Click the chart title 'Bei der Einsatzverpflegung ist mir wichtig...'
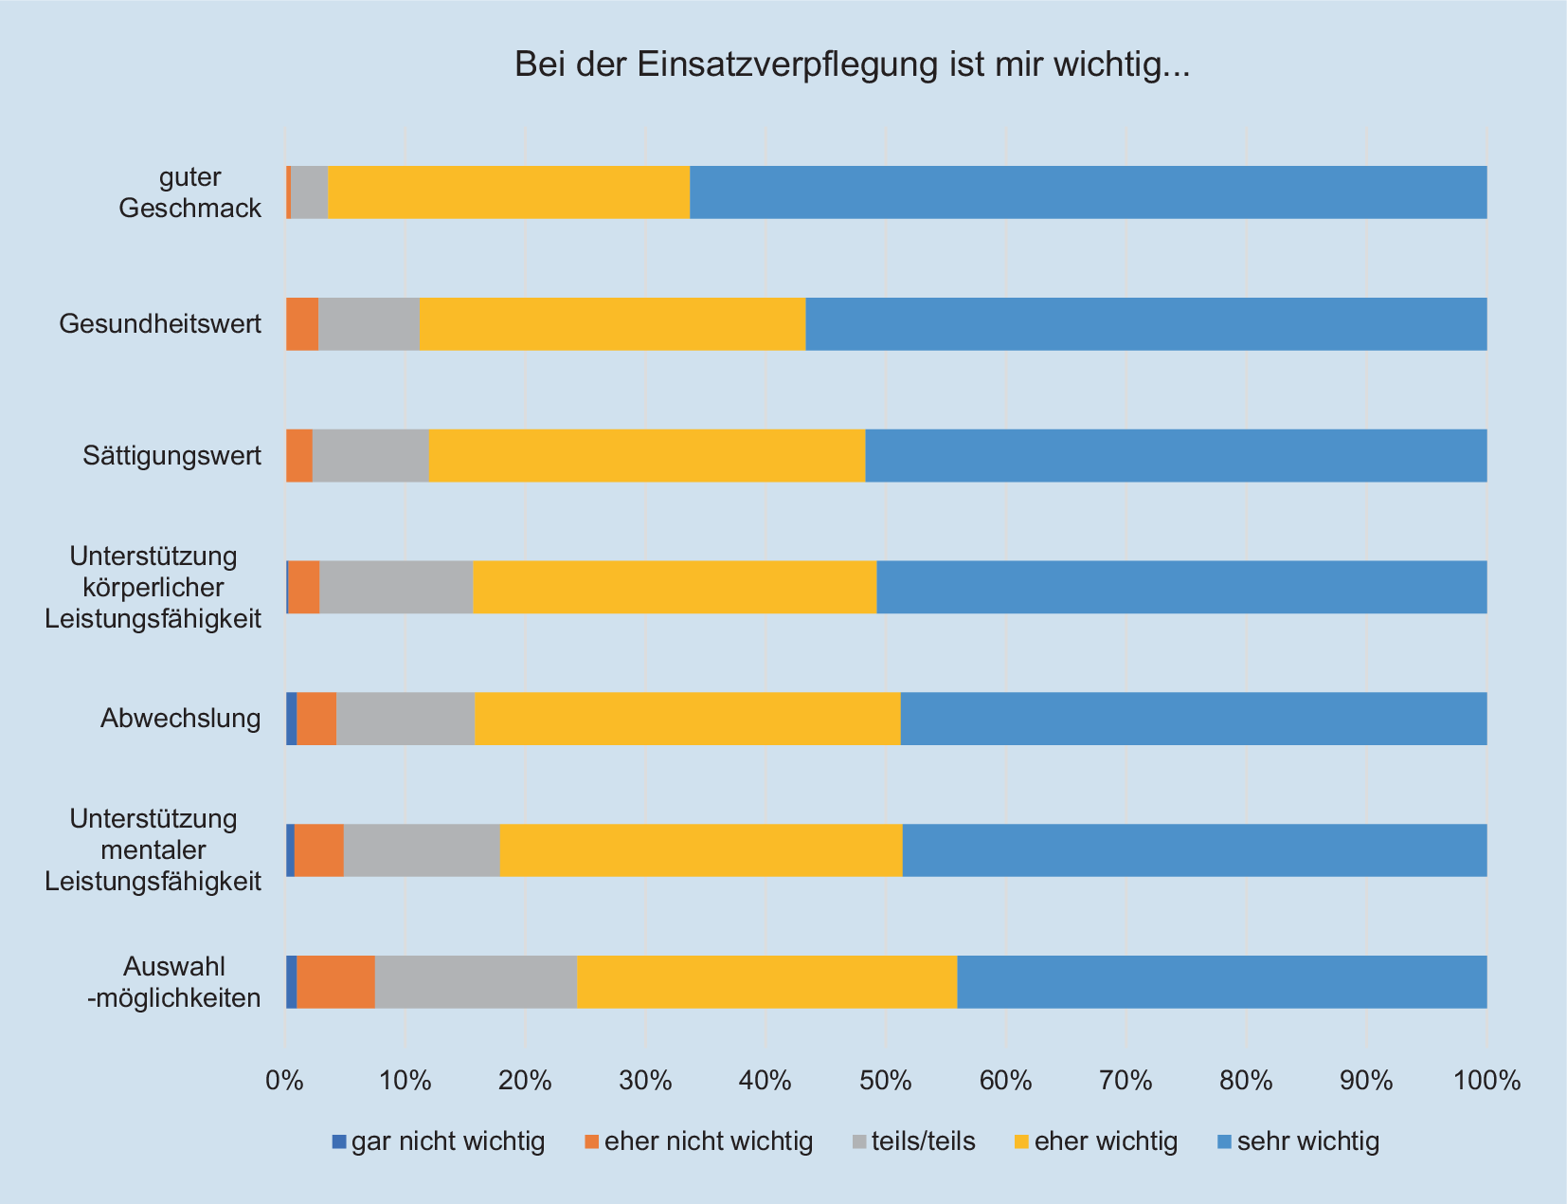point(852,64)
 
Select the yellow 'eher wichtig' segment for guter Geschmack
point(508,192)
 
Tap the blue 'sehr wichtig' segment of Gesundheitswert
point(1145,324)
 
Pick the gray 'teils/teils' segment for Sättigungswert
point(370,456)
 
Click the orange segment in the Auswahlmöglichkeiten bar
point(335,982)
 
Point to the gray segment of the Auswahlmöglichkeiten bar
point(476,982)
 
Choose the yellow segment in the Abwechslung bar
point(687,719)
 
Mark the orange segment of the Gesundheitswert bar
point(302,324)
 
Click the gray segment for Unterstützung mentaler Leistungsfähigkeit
point(422,850)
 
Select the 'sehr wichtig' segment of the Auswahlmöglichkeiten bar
point(1221,982)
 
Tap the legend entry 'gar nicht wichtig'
point(438,1141)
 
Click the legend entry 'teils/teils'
point(913,1141)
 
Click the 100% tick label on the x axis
point(1486,1080)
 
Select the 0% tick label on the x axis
point(284,1080)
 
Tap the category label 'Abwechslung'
point(181,719)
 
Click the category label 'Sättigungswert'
point(171,456)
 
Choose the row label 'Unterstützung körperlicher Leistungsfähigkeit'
point(153,588)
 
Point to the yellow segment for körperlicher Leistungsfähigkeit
point(675,588)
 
